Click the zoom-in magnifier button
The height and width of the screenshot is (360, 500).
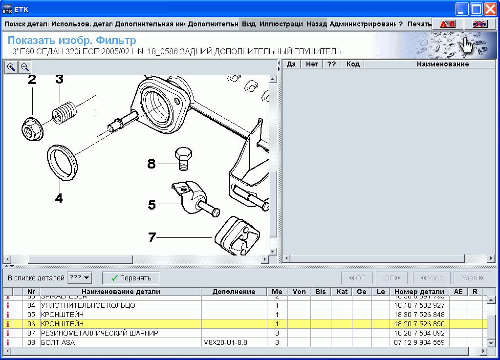tap(11, 67)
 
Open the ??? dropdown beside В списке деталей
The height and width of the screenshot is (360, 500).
tap(80, 278)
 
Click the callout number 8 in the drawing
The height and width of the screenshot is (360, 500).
tap(152, 164)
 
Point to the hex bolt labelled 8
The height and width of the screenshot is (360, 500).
tap(183, 157)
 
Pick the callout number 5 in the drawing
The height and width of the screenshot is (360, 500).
tap(152, 205)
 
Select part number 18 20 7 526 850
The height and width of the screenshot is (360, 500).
tap(419, 324)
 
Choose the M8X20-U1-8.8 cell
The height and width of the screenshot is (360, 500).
tap(225, 342)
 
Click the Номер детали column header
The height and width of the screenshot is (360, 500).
tap(419, 292)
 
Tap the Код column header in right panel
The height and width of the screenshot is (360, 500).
tap(353, 64)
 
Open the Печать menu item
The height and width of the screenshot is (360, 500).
tap(419, 24)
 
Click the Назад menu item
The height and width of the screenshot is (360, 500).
tap(316, 24)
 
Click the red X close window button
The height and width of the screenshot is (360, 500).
tap(490, 9)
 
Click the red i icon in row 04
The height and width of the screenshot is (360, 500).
tap(7, 305)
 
